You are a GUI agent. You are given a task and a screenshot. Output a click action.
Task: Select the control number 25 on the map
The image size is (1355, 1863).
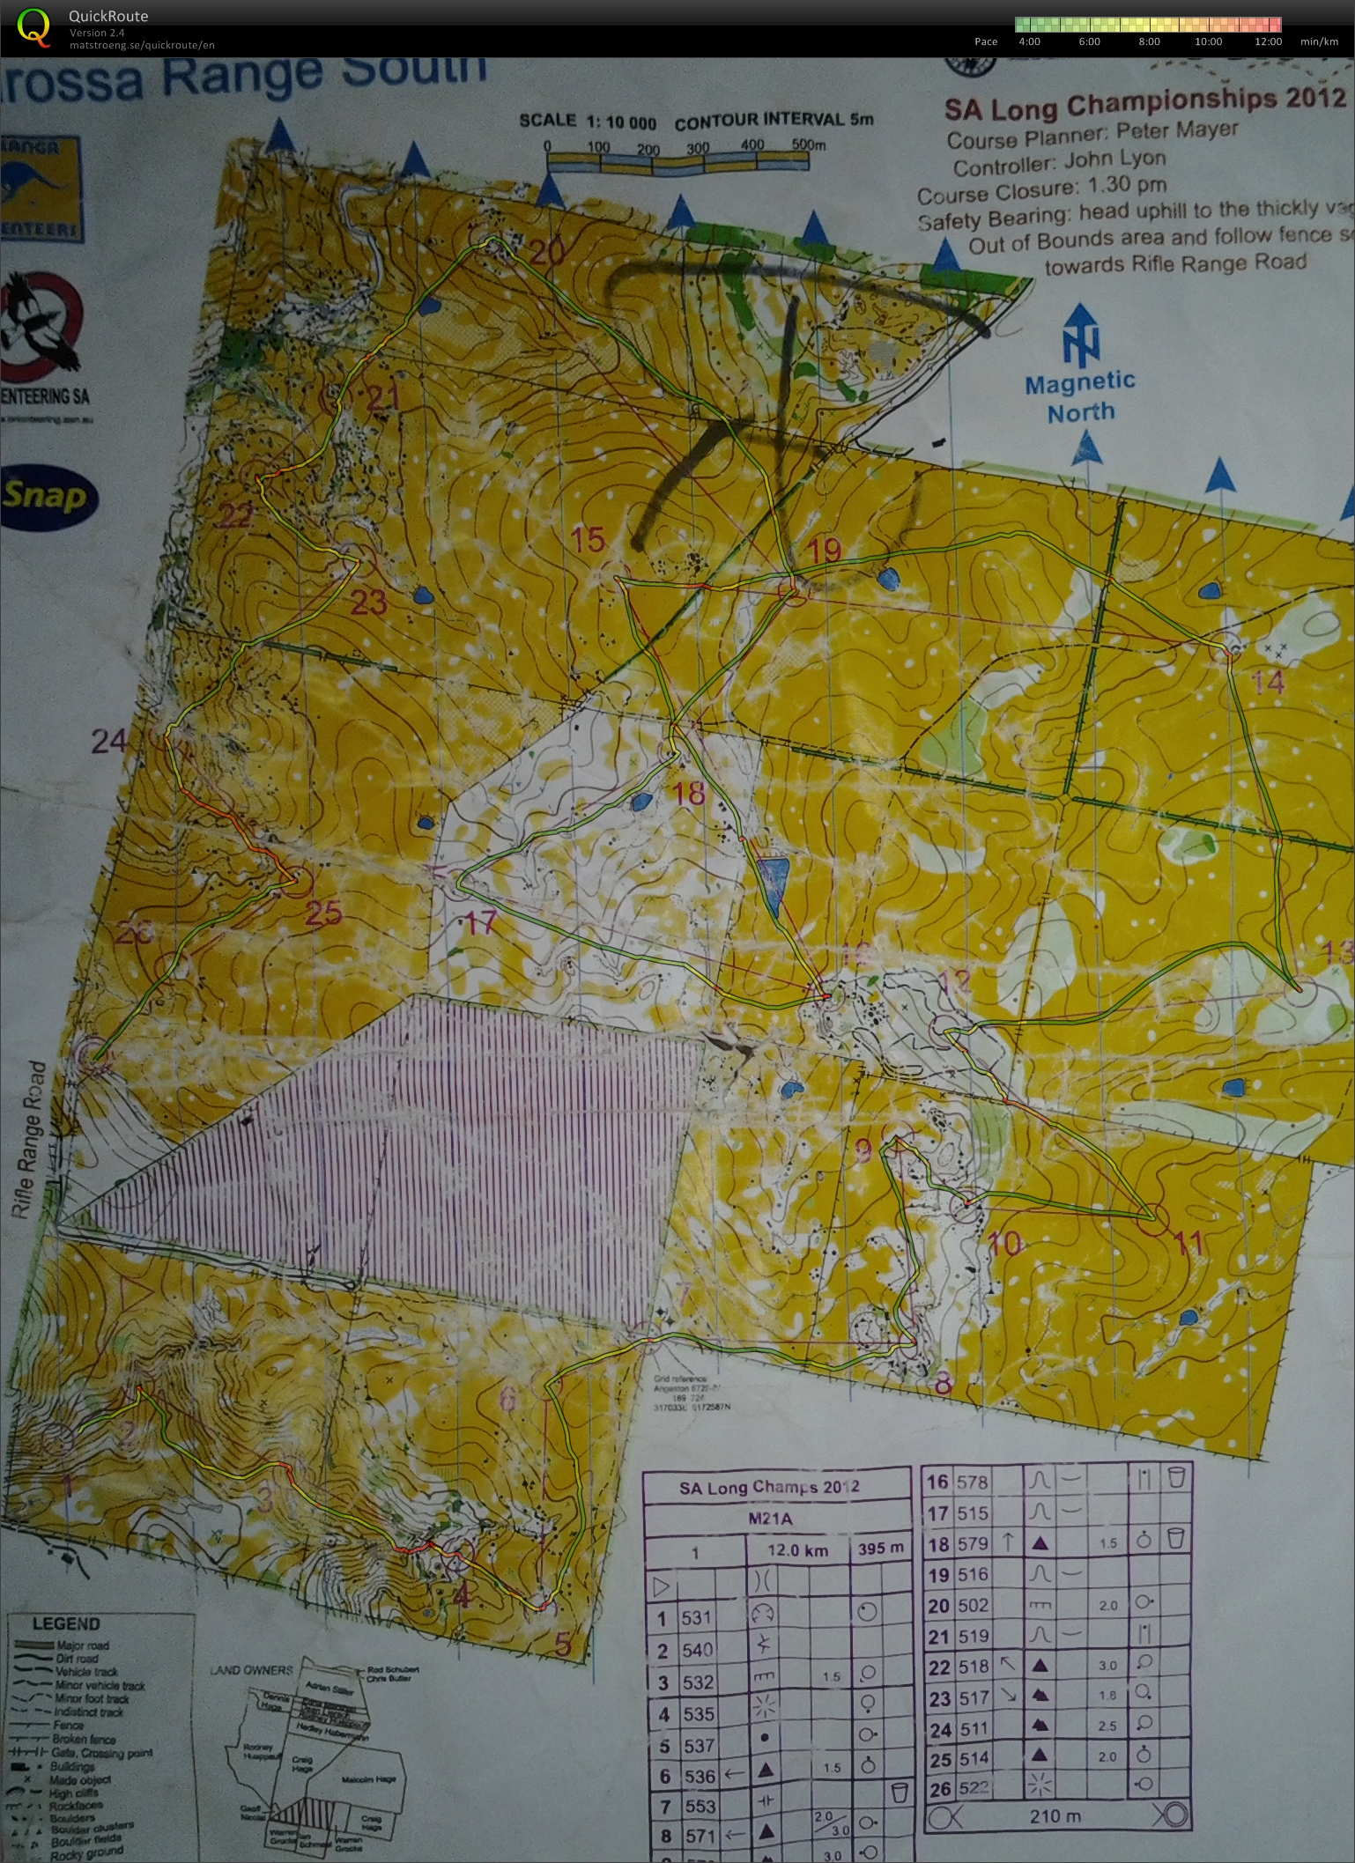coord(323,913)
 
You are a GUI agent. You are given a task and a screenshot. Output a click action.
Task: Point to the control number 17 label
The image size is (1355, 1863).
coord(480,923)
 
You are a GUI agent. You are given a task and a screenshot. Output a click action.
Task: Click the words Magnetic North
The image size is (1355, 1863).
coord(1080,396)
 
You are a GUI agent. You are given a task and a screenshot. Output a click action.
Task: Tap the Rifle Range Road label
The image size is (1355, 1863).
coord(27,1140)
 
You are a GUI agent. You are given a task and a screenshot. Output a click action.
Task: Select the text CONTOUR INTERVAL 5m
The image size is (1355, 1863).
coord(774,121)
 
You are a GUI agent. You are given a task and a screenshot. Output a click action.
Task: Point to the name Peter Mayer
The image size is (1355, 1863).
coord(1177,131)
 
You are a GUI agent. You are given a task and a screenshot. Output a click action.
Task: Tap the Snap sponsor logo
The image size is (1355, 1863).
coord(46,496)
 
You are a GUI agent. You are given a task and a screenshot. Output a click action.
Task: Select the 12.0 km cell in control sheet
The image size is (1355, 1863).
coord(796,1550)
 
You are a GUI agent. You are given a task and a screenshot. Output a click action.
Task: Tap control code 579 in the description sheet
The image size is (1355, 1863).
coord(972,1543)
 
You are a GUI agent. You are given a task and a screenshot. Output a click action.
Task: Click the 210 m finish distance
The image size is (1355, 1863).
coord(1055,1816)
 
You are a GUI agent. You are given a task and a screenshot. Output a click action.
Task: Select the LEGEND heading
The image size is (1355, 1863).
coord(66,1623)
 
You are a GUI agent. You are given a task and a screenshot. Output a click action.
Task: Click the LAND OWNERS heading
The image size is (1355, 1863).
coord(251,1669)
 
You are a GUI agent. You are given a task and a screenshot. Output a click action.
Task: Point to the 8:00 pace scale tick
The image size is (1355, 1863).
coord(1149,41)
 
